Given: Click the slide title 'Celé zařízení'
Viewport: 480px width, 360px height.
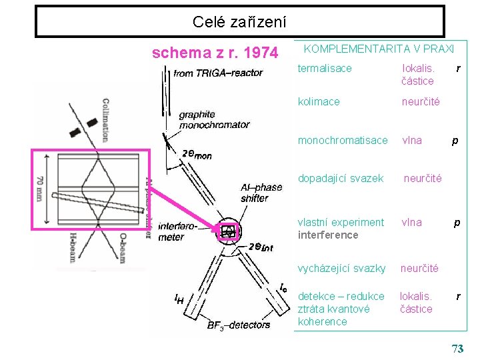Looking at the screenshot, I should pos(239,22).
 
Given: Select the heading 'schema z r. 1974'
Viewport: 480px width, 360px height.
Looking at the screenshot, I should pos(215,52).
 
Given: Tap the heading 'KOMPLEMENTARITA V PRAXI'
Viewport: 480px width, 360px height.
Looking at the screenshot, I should pos(379,49).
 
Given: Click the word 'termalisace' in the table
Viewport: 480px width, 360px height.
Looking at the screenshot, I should pos(325,68).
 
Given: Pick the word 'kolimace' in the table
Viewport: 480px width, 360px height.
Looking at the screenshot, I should pos(319,101).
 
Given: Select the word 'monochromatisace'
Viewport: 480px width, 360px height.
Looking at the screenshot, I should pos(342,140).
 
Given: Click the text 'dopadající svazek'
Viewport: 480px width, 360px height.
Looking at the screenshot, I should pos(341,178).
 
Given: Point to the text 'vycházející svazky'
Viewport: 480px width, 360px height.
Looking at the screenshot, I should pos(341,268).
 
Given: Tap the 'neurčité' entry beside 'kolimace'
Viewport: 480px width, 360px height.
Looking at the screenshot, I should pos(420,101).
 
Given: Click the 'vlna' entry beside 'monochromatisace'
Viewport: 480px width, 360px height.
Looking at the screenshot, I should pos(411,140).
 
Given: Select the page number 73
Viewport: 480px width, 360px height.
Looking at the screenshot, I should pos(457,349).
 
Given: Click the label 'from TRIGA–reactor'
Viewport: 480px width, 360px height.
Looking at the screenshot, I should pos(218,73).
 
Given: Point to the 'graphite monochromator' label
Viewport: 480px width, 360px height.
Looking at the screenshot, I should pos(214,119).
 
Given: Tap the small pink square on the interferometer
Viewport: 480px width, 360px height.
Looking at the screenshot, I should pos(229,231).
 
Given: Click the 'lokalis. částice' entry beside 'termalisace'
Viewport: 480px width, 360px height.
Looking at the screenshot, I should pos(418,75).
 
